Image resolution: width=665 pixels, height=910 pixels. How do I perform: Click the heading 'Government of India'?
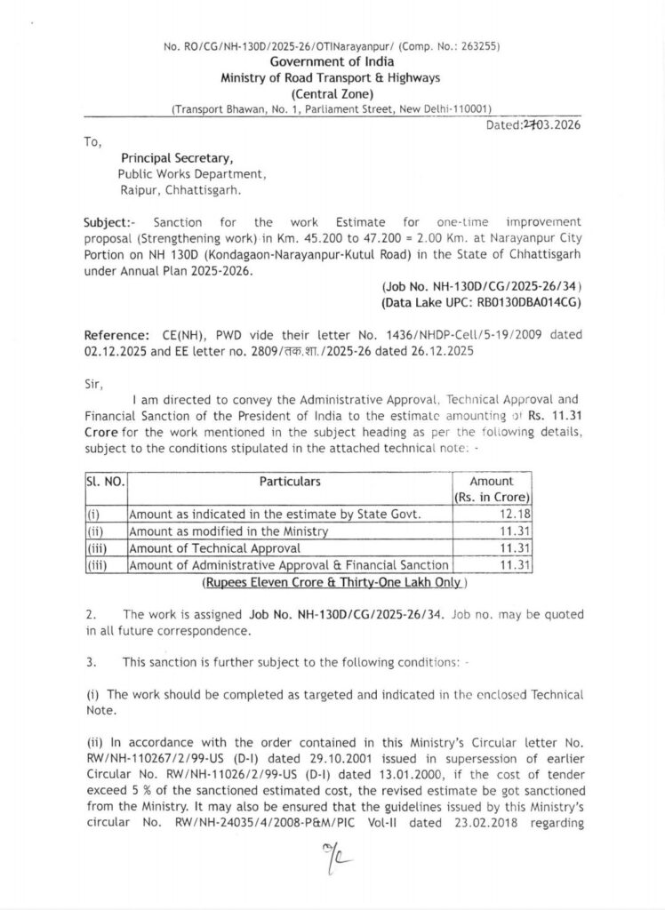pos(332,61)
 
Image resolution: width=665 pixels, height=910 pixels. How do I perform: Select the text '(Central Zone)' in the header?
pos(332,93)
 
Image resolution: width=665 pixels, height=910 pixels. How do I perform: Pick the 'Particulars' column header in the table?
pos(290,482)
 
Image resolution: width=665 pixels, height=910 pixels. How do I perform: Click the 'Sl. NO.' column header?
pos(105,482)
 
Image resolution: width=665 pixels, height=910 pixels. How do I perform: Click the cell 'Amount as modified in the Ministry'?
pos(229,531)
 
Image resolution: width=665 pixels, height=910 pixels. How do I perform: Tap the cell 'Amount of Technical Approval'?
pos(215,548)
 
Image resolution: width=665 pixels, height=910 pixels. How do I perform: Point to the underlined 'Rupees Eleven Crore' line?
pos(332,583)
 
